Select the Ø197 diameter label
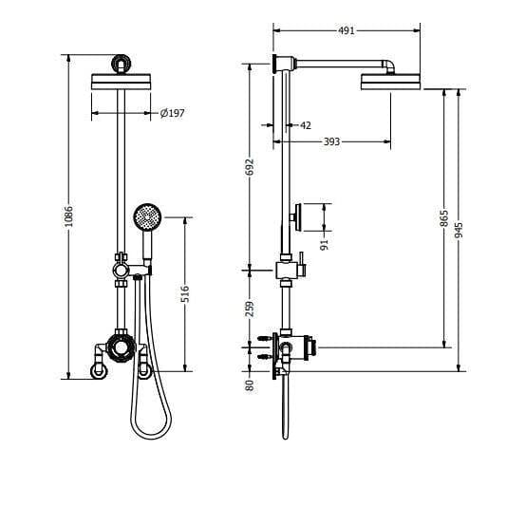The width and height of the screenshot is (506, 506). tap(172, 114)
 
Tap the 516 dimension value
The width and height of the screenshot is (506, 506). tap(186, 294)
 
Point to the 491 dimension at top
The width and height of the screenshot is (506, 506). tap(347, 30)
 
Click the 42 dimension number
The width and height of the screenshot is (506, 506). tap(305, 125)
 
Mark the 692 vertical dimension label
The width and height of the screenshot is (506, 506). tap(250, 166)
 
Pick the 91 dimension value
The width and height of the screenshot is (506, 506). tap(325, 242)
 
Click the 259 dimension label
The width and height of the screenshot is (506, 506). tap(250, 309)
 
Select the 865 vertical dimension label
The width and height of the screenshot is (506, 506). tap(444, 218)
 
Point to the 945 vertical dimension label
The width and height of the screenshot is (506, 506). tap(459, 231)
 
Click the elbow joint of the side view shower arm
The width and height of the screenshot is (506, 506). tap(391, 66)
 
